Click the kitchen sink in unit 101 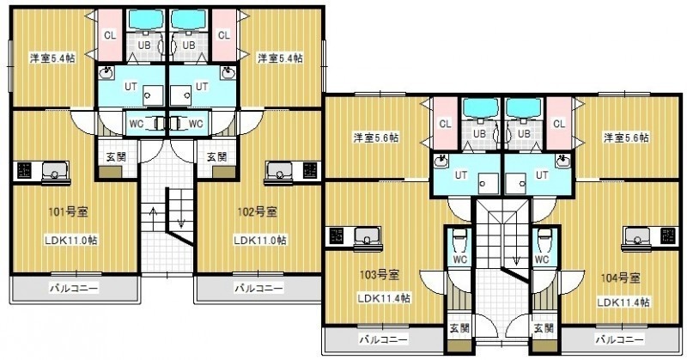(55, 171)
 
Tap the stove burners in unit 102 (311, 171)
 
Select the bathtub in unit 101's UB (145, 19)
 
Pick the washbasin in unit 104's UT (563, 161)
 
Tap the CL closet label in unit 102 (224, 35)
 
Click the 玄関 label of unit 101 (116, 156)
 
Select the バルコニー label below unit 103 (384, 339)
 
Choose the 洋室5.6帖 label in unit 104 (627, 137)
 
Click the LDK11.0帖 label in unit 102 (260, 241)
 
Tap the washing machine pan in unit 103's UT (488, 183)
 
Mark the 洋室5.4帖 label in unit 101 (52, 58)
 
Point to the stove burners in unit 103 (337, 236)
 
